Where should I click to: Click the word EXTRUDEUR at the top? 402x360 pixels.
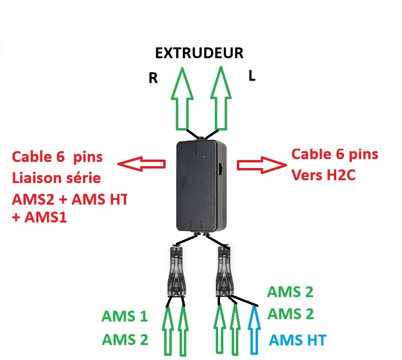click(x=199, y=53)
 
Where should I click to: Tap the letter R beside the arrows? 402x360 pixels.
click(x=153, y=78)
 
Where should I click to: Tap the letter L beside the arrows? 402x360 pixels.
click(x=252, y=76)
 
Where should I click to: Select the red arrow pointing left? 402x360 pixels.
click(x=141, y=164)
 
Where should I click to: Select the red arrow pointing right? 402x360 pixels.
click(x=262, y=165)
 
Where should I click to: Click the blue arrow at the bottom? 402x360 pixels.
click(x=254, y=330)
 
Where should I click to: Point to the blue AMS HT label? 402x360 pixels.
click(x=297, y=340)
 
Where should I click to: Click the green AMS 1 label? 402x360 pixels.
click(x=125, y=316)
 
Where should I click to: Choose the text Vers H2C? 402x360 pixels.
click(x=324, y=175)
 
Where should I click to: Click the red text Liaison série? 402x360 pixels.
click(x=56, y=178)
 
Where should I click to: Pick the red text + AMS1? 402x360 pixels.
click(x=39, y=217)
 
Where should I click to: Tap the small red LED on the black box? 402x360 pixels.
click(x=182, y=159)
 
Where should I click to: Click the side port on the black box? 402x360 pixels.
click(x=221, y=169)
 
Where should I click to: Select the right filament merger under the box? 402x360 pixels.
click(x=225, y=271)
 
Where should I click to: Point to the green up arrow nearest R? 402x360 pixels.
click(x=182, y=99)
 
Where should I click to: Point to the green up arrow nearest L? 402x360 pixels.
click(x=221, y=98)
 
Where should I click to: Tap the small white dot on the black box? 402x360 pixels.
click(x=204, y=156)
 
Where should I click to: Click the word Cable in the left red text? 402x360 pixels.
click(x=32, y=157)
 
